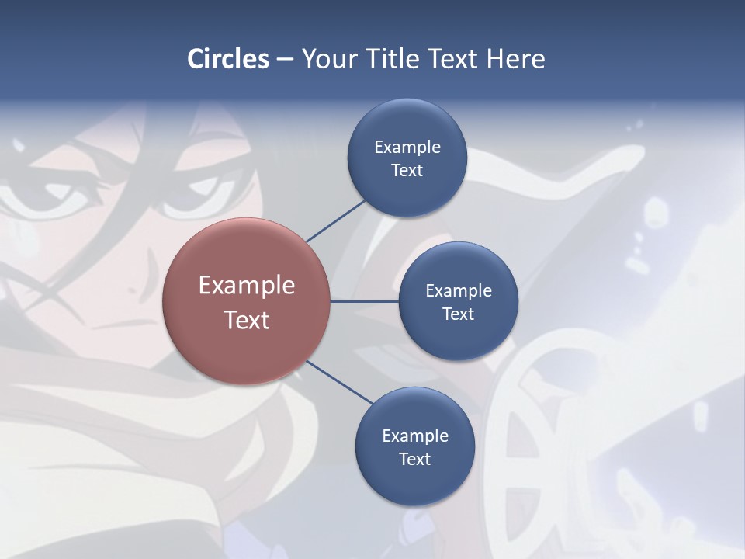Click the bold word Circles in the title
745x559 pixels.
tap(228, 59)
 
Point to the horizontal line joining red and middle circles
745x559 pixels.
tap(365, 301)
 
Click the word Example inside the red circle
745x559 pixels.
tap(247, 285)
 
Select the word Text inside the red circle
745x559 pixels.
tap(247, 320)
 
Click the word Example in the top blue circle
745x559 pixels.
tap(407, 147)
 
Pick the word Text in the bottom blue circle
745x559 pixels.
tap(414, 459)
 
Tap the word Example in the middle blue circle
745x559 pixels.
tap(459, 290)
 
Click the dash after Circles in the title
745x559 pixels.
tap(285, 59)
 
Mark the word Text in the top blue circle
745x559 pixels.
tap(407, 170)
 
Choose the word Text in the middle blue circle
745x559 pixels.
tap(458, 314)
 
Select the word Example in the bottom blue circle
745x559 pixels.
tap(415, 436)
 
